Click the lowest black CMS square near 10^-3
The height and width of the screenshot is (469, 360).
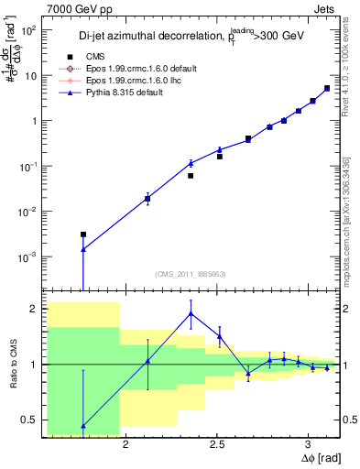click(83, 234)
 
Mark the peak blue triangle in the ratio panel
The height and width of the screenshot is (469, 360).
click(191, 313)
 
